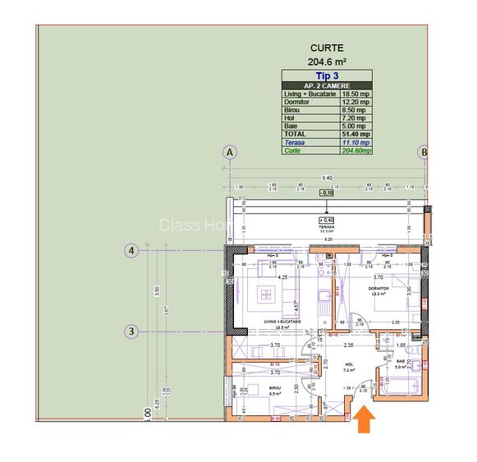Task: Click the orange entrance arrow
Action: [x=361, y=420]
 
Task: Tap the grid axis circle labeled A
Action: [x=230, y=153]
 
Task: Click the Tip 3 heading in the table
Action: [x=327, y=75]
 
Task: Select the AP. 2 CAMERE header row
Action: [x=327, y=85]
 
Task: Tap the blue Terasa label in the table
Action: [x=295, y=143]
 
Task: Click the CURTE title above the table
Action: [x=328, y=48]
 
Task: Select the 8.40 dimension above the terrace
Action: [x=327, y=177]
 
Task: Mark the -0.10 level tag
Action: [x=328, y=194]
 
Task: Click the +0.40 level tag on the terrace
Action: [x=328, y=220]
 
